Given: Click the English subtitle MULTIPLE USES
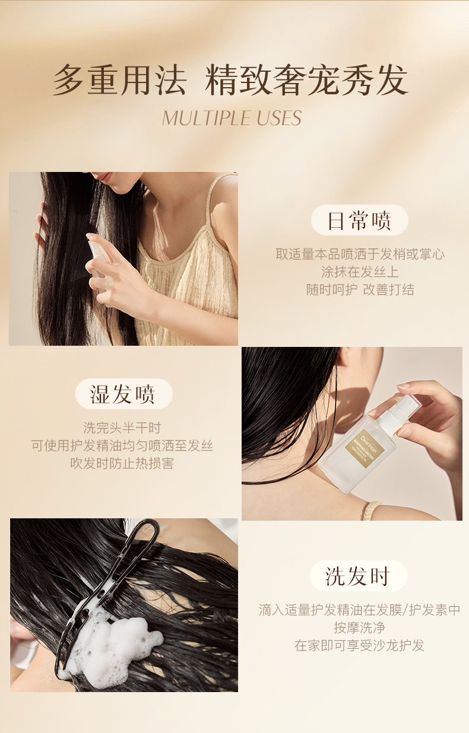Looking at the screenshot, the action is point(232,118).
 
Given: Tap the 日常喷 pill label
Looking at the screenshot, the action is point(360,220).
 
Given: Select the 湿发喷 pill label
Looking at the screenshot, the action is point(124,394).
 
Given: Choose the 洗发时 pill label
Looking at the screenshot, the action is point(359,576).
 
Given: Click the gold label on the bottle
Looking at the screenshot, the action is point(365,448).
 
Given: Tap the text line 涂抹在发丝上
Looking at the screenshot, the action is point(360,272).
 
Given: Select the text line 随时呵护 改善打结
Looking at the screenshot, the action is point(360,290).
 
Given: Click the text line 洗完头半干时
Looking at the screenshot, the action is point(122,428).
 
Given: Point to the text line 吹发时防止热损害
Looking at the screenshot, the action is point(122,463).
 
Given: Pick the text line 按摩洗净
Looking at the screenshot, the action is point(359,627).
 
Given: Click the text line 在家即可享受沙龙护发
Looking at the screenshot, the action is point(359,646).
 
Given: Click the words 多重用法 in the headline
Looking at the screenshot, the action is point(120,80).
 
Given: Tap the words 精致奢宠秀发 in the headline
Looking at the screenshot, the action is point(306,80).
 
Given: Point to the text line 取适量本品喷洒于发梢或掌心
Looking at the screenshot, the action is point(360,254).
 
